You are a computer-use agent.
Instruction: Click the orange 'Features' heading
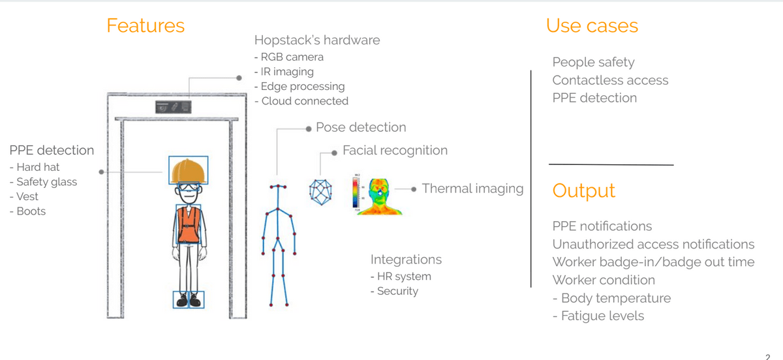[x=146, y=25]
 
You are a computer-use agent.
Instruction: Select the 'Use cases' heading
[x=592, y=25]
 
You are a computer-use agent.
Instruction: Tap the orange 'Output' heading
[x=583, y=190]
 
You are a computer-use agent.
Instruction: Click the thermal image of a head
[x=382, y=195]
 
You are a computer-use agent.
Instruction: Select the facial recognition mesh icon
[x=320, y=189]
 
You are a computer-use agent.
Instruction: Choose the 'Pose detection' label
[x=360, y=127]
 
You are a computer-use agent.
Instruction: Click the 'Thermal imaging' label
[x=472, y=188]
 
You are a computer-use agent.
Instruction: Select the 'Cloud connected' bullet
[x=301, y=101]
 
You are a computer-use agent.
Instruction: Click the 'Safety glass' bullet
[x=44, y=182]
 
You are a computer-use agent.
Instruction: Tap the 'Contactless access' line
[x=610, y=80]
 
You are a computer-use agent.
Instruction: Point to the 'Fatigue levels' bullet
[x=598, y=316]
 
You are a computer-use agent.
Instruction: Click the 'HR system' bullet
[x=400, y=276]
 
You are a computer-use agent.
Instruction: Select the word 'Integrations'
[x=406, y=260]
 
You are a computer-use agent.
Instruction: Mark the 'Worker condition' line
[x=604, y=280]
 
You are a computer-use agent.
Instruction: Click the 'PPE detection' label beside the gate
[x=52, y=150]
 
